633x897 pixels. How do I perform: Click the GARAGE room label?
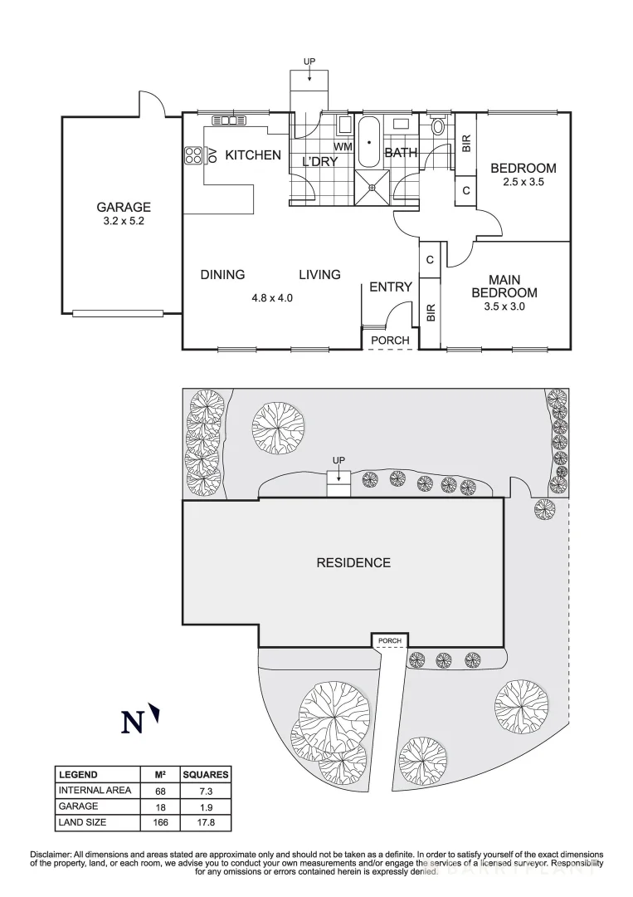124,207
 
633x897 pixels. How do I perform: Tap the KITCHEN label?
253,155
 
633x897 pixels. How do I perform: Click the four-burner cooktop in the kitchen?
193,155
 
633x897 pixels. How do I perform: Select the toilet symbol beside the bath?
438,127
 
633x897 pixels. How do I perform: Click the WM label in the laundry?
343,147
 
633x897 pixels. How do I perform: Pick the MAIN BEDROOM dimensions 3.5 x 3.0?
504,306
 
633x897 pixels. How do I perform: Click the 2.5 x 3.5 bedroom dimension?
523,182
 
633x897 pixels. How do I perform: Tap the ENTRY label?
390,287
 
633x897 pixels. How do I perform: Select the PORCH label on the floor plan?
389,340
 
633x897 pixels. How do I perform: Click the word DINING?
222,275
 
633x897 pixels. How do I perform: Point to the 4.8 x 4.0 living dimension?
273,297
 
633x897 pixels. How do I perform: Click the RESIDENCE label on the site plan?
353,563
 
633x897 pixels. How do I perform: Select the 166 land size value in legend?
158,822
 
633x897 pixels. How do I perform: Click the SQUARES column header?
205,774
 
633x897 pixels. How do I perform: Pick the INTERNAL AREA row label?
94,790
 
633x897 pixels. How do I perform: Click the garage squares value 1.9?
205,806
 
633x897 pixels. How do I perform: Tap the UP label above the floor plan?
309,61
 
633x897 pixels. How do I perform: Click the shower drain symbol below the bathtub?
372,187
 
